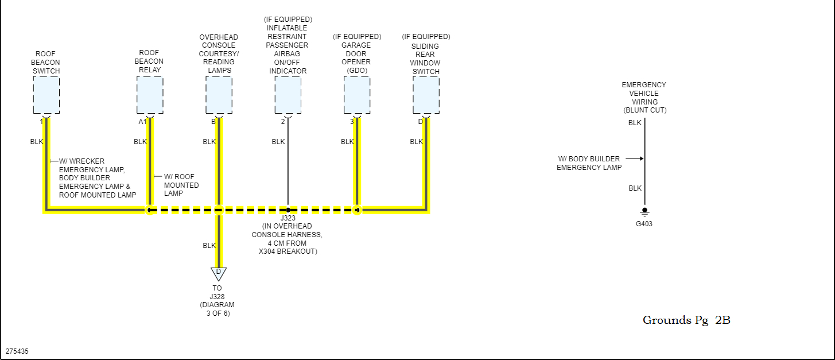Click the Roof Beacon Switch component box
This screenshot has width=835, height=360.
(x=46, y=95)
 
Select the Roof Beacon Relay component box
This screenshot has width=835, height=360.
(x=150, y=95)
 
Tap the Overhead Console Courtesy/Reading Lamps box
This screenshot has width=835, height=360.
(x=219, y=95)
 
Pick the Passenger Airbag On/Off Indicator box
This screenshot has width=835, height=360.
(x=288, y=95)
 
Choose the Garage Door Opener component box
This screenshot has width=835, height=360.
(x=356, y=95)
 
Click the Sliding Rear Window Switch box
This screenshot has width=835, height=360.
(x=426, y=95)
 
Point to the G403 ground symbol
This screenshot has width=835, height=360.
(x=644, y=211)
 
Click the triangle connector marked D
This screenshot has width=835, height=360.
(x=218, y=273)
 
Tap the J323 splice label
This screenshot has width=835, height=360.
(x=287, y=219)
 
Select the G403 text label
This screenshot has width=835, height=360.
(x=644, y=224)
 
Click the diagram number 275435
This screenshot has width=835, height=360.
(x=17, y=350)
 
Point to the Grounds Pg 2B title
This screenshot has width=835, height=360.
(x=686, y=320)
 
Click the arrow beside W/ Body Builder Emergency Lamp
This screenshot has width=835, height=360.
(x=634, y=158)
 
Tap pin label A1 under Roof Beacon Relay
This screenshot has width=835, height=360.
(x=142, y=122)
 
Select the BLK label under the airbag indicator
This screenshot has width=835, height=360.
(x=278, y=142)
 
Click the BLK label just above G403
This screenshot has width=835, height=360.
(x=635, y=188)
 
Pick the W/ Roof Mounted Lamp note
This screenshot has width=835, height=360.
(x=181, y=185)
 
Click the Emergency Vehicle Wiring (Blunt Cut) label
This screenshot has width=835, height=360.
(x=644, y=98)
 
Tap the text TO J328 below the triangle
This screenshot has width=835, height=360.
(x=217, y=292)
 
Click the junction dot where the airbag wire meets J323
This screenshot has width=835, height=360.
(x=288, y=210)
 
